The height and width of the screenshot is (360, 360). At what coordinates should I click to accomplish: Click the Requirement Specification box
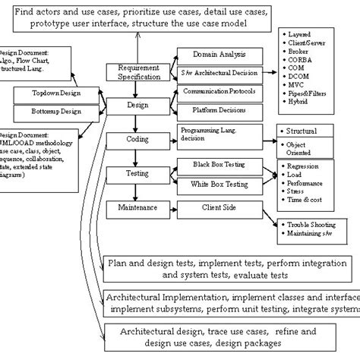click(138, 73)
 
